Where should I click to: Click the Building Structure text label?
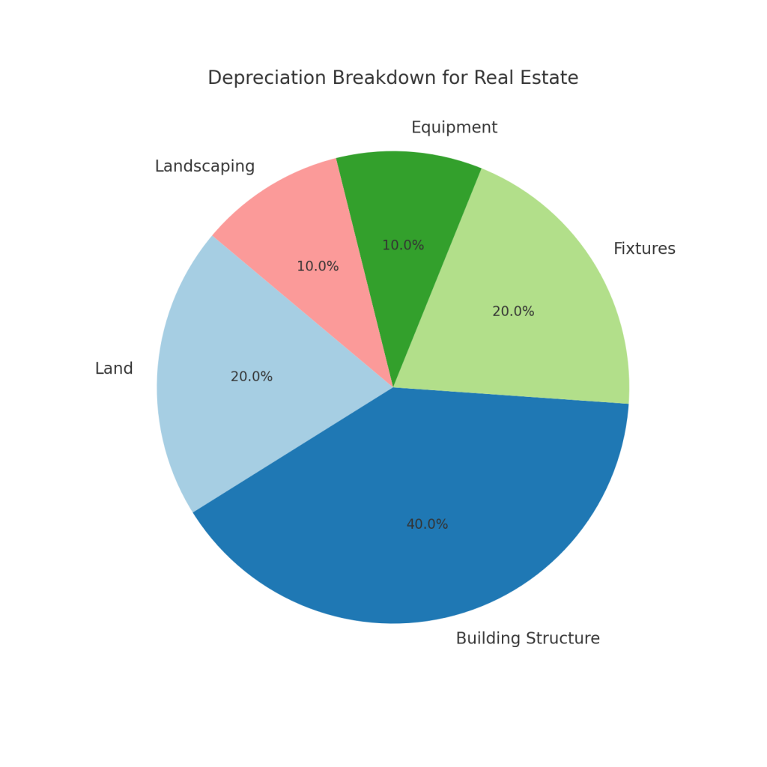tap(527, 639)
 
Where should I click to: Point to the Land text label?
tap(114, 369)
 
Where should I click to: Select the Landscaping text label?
tap(204, 166)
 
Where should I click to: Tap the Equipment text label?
tap(454, 128)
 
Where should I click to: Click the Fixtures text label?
tap(644, 249)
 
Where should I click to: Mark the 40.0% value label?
tap(427, 524)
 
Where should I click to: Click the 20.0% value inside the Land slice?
tap(252, 377)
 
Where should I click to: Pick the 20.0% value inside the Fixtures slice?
tap(513, 312)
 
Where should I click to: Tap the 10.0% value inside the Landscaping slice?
tap(318, 267)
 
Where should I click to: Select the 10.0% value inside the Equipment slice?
tap(403, 246)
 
